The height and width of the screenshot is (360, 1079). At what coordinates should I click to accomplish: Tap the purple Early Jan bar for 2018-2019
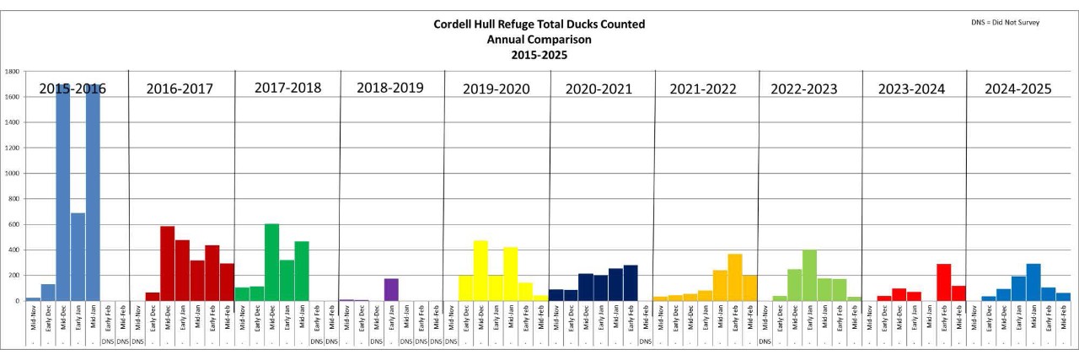tap(391, 289)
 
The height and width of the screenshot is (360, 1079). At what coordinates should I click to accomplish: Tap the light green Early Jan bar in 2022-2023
tap(809, 275)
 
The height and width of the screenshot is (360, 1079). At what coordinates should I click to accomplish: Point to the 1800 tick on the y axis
tap(13, 72)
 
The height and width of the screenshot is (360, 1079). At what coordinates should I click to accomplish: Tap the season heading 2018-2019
tap(389, 87)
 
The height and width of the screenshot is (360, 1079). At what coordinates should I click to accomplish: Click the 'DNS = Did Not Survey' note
tap(1005, 22)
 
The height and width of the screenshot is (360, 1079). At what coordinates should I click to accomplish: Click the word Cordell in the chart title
tap(456, 24)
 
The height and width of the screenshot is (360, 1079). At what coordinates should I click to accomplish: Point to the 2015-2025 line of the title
tap(539, 55)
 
